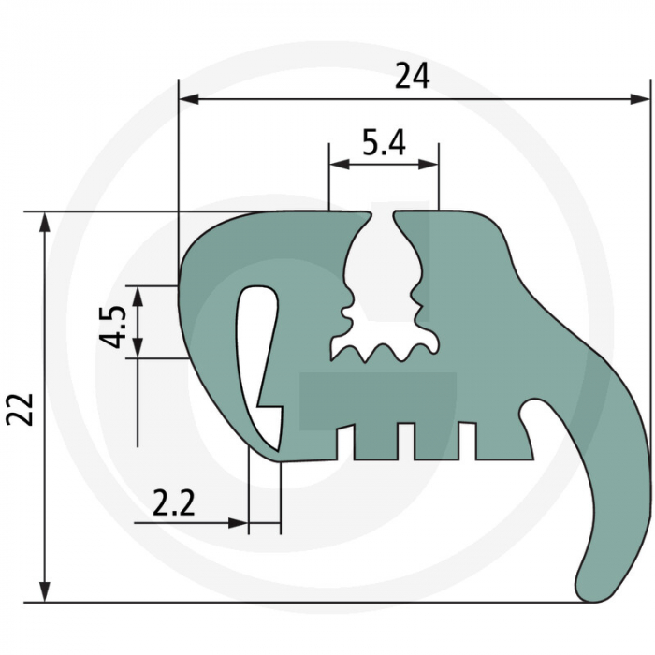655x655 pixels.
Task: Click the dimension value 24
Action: pyautogui.click(x=412, y=77)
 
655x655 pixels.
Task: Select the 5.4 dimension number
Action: pyautogui.click(x=384, y=142)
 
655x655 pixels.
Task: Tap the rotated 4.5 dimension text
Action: pyautogui.click(x=112, y=323)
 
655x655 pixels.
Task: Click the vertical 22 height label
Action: pyautogui.click(x=20, y=409)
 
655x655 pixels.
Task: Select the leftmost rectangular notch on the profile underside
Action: pyautogui.click(x=344, y=442)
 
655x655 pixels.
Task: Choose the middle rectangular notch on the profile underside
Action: pyautogui.click(x=405, y=442)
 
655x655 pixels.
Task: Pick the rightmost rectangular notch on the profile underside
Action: pyautogui.click(x=466, y=442)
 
